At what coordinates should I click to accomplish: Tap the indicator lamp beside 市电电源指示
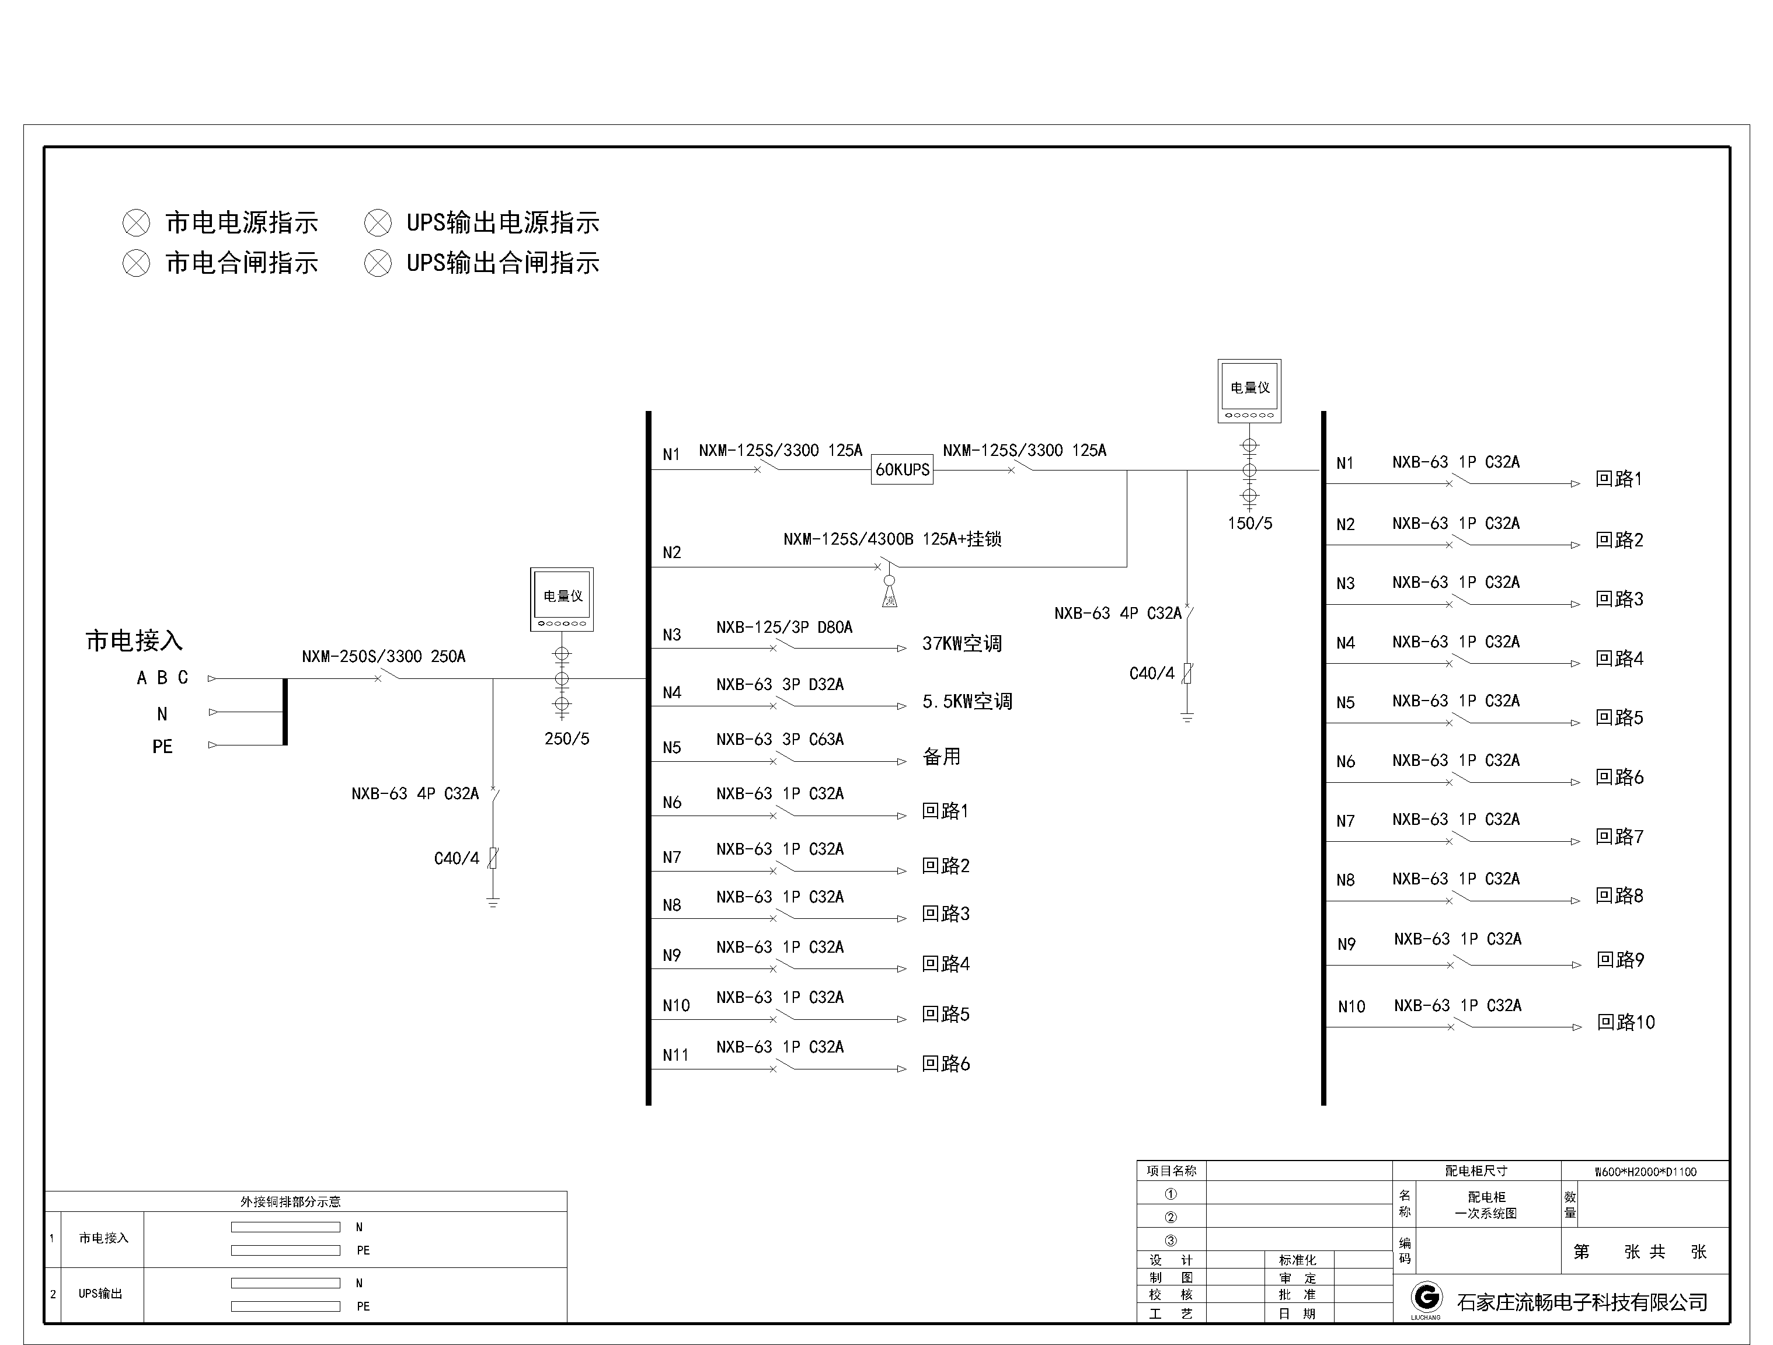tap(136, 223)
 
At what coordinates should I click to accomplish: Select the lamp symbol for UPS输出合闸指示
tap(378, 263)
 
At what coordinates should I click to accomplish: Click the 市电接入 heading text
tap(134, 640)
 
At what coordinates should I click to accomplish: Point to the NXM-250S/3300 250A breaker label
tap(383, 657)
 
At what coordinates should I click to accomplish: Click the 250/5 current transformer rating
tap(567, 739)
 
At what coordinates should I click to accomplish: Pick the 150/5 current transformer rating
tap(1249, 524)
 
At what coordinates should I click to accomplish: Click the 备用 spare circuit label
tap(941, 757)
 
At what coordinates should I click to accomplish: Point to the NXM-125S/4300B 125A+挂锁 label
tap(892, 539)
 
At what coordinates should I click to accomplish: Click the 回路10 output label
tap(1625, 1023)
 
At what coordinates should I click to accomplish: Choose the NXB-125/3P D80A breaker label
tap(784, 628)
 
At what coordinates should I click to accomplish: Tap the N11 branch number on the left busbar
tap(675, 1055)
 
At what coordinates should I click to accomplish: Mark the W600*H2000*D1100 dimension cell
tap(1645, 1172)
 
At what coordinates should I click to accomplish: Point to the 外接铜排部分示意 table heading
tap(290, 1201)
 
